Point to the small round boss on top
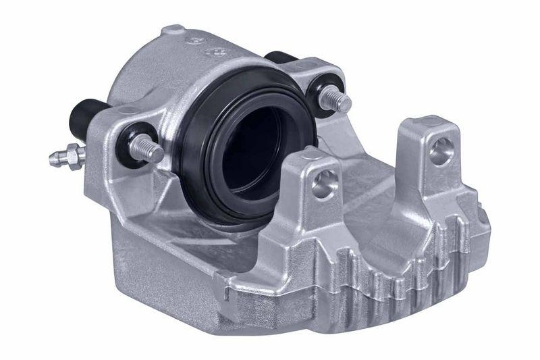pos(173,30)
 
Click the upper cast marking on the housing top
pos(202,41)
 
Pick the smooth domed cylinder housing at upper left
pos(138,74)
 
